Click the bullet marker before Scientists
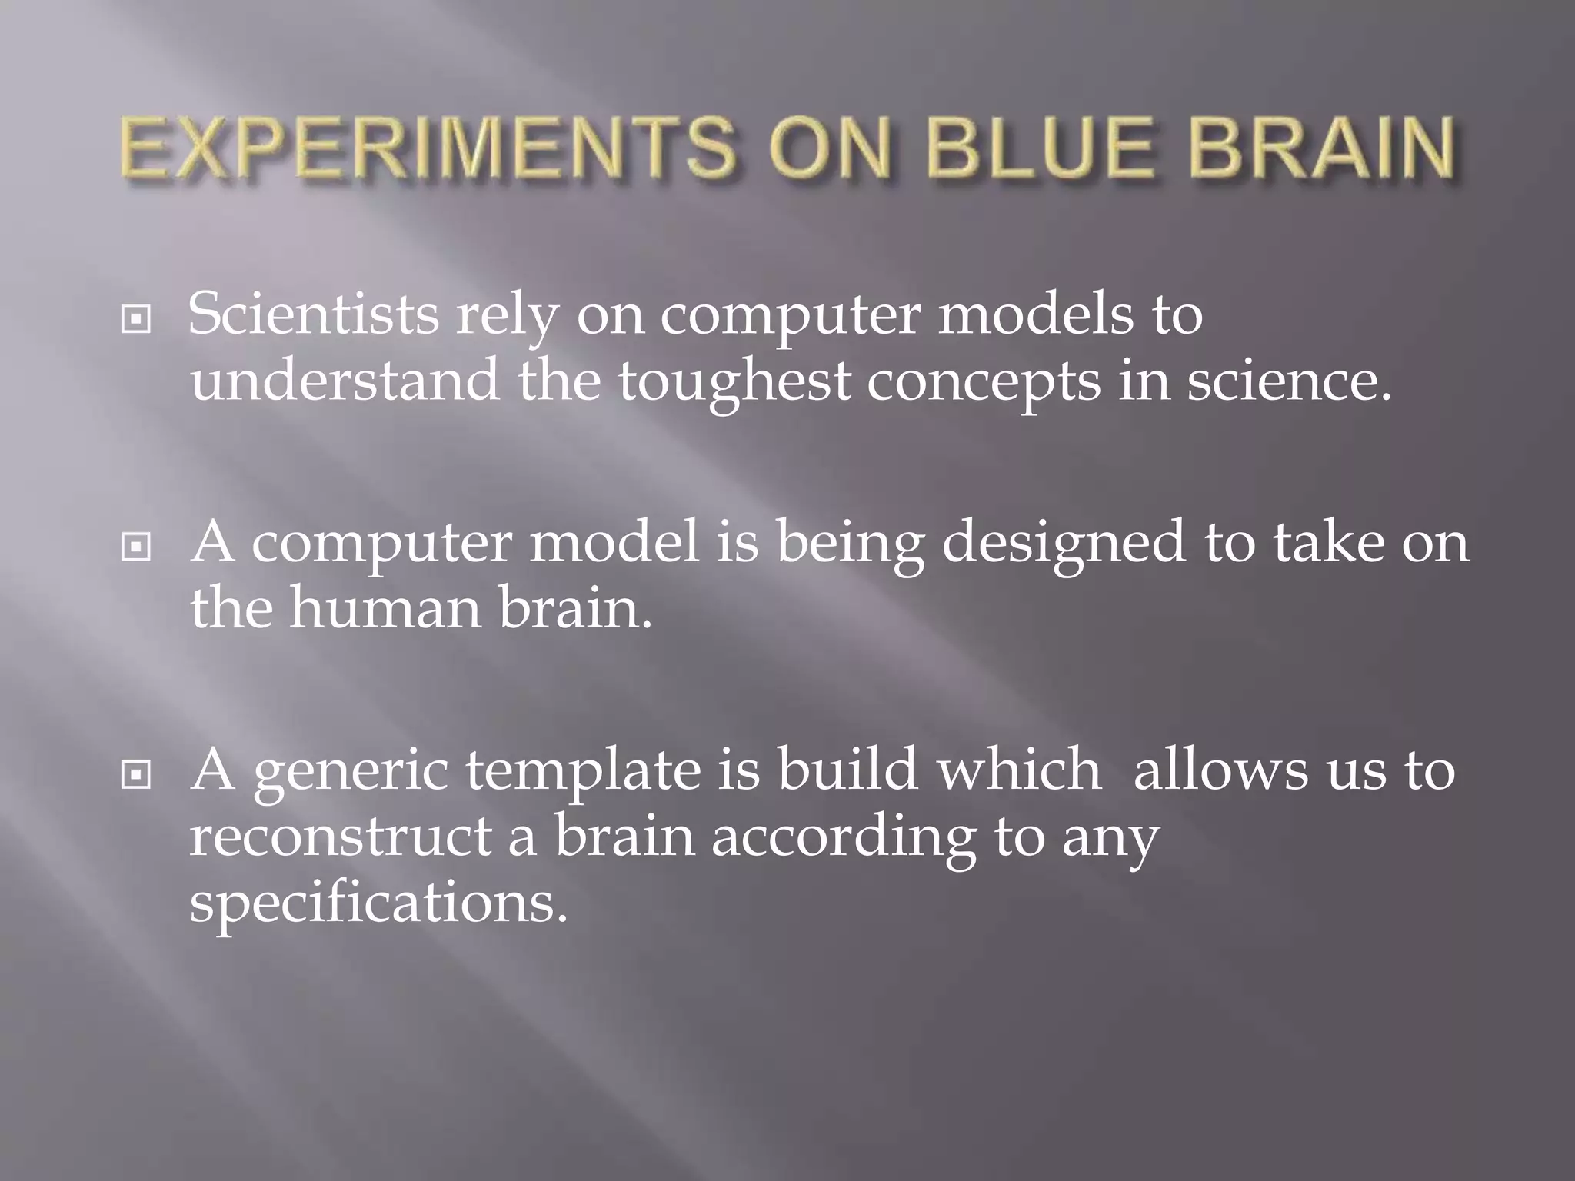click(136, 319)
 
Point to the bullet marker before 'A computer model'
click(136, 547)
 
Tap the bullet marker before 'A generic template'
click(136, 775)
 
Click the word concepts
click(984, 382)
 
